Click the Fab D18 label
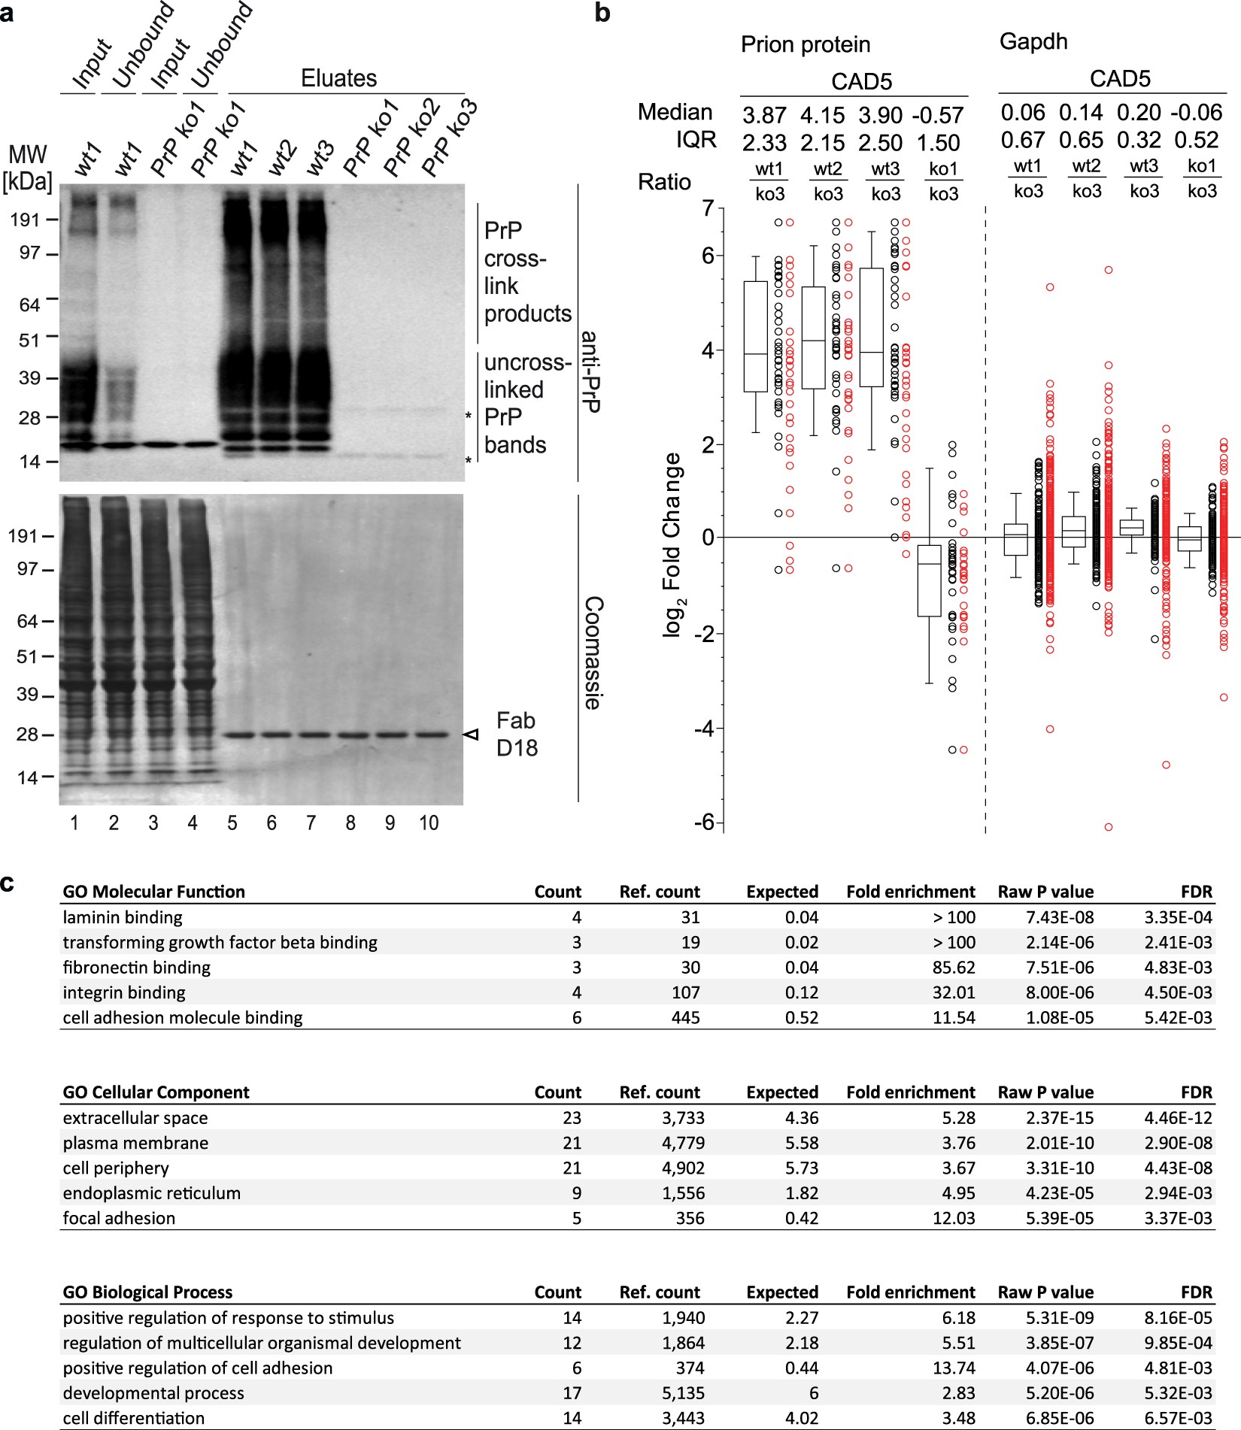[x=516, y=734]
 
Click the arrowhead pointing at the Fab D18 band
[x=472, y=735]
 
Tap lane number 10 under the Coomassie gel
[x=429, y=823]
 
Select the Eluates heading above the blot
[x=338, y=78]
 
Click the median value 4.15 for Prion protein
[x=823, y=115]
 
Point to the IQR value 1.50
[x=938, y=142]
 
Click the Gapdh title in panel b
[x=1033, y=41]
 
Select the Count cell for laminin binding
[x=576, y=917]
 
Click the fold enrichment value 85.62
[x=954, y=968]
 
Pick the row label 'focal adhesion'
[x=119, y=1218]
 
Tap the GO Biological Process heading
[x=147, y=1292]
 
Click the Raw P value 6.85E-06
[x=1060, y=1418]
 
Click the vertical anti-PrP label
[x=591, y=372]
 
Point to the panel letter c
[x=8, y=882]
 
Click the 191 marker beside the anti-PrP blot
[x=24, y=220]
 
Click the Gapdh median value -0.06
[x=1196, y=113]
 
